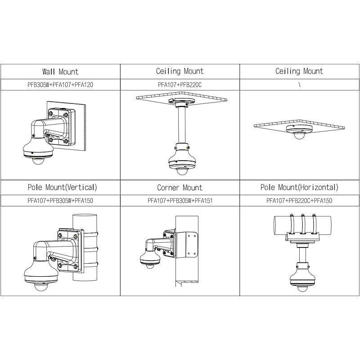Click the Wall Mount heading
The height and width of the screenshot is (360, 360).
(60, 72)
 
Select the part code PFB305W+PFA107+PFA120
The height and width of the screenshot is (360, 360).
(60, 85)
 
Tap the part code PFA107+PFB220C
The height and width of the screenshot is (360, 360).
(180, 85)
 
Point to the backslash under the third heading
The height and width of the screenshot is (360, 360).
(299, 85)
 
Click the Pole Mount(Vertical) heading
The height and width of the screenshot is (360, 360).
(62, 187)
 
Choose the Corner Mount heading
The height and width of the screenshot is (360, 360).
(180, 188)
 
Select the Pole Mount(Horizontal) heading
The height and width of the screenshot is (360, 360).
(299, 187)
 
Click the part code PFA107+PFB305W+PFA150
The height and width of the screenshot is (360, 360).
(60, 201)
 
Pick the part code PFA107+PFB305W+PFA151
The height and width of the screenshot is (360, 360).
(180, 201)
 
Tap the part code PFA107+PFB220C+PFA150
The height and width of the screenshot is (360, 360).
(299, 201)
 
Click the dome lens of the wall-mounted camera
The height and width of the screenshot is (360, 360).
(38, 161)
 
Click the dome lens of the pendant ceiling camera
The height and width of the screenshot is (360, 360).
(182, 171)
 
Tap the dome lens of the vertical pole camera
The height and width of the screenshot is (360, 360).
(40, 287)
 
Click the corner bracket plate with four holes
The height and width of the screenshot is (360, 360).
(187, 245)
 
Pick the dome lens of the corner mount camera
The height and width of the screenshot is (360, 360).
(150, 266)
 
